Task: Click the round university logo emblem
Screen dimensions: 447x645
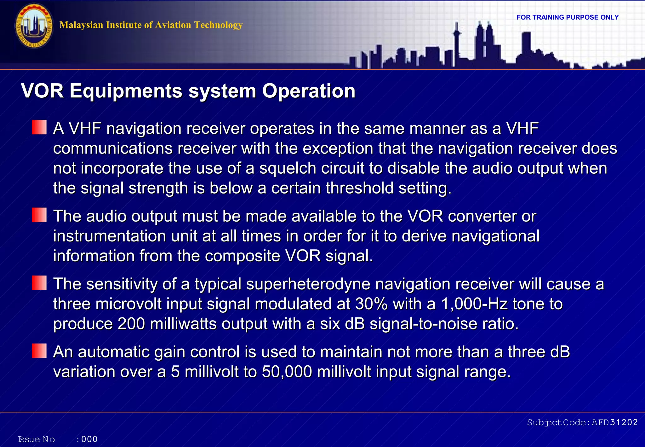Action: (34, 26)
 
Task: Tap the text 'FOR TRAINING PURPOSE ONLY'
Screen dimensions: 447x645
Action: (568, 17)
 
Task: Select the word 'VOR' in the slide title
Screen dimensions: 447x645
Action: (43, 91)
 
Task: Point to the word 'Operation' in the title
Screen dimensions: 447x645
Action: (309, 91)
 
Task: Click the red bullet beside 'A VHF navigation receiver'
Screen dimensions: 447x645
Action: (39, 127)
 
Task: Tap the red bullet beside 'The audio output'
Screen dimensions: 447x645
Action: (39, 215)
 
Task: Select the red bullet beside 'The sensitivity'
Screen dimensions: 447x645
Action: (39, 283)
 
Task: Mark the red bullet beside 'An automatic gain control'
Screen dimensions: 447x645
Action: (39, 351)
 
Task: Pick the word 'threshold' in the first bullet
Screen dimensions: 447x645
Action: (359, 188)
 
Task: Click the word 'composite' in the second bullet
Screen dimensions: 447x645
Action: (242, 256)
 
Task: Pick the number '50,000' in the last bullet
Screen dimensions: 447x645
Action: (287, 372)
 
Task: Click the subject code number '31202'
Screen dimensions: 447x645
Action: (624, 422)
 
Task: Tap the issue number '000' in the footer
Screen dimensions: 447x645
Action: (89, 439)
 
